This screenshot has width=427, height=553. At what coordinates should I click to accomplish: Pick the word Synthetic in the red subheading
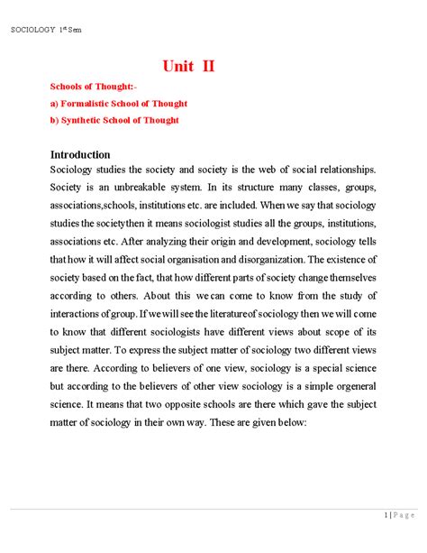[x=86, y=119]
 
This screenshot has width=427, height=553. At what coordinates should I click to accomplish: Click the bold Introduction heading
[x=80, y=154]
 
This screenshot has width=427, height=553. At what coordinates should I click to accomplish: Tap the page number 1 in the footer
[x=385, y=515]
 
